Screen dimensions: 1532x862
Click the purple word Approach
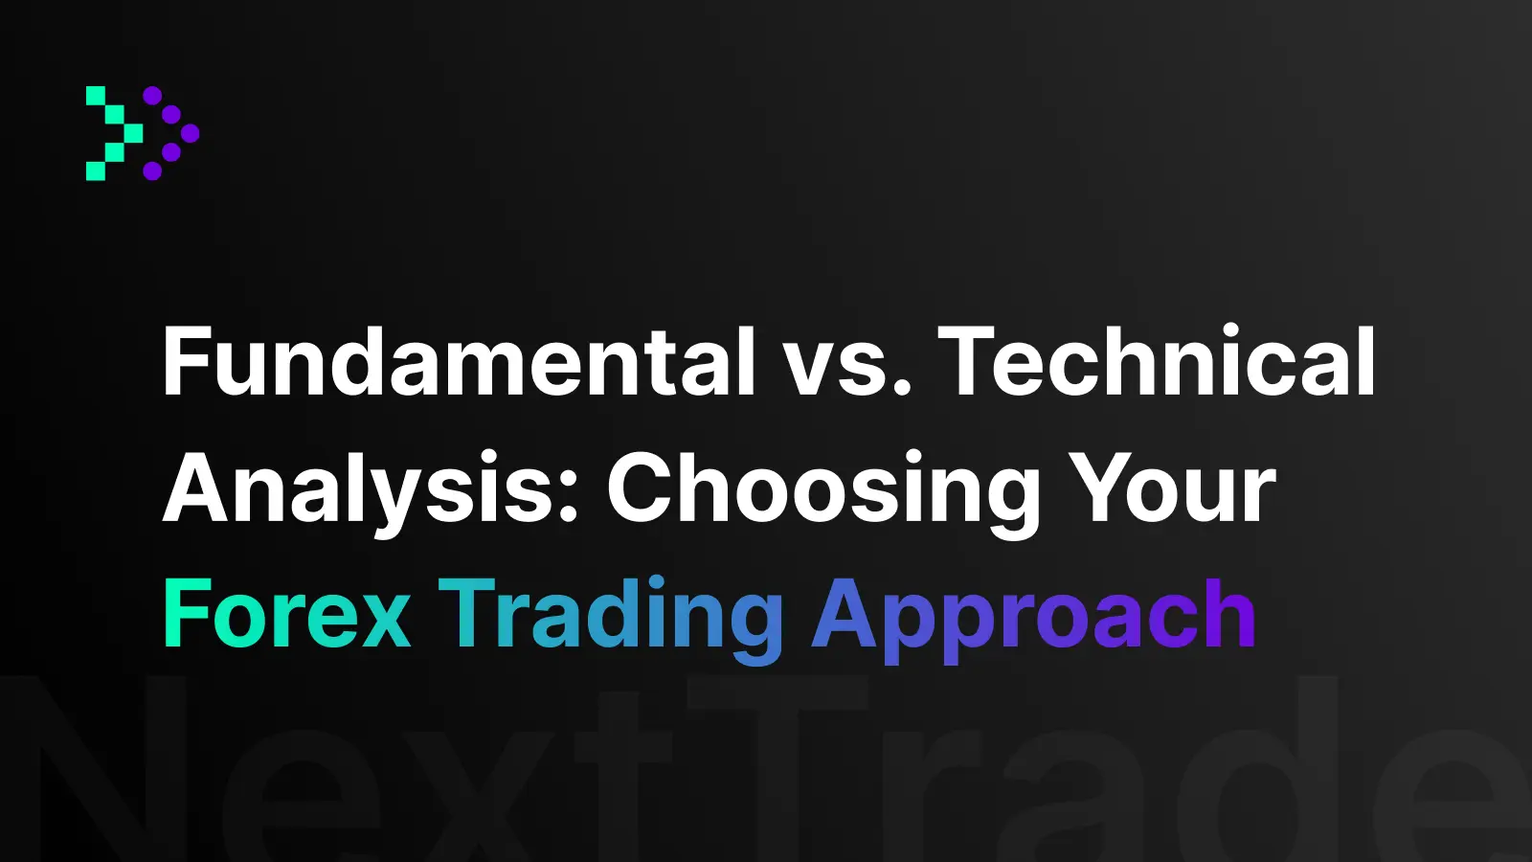pos(1033,619)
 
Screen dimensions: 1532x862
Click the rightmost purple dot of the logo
pos(190,133)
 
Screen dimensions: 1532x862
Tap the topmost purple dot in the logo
pos(152,96)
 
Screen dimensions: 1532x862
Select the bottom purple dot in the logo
pos(152,171)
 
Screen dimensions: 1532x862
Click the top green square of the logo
pos(96,96)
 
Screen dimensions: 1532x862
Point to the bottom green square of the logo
pos(96,171)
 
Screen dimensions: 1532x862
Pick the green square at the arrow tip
pos(133,133)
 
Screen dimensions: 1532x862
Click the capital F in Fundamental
pos(187,362)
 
